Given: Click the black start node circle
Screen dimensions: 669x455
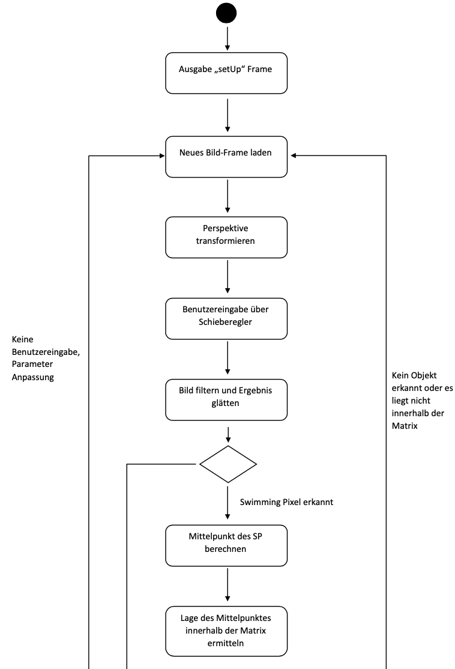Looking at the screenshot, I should pyautogui.click(x=226, y=13).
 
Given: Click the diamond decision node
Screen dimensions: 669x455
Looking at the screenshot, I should pyautogui.click(x=227, y=464).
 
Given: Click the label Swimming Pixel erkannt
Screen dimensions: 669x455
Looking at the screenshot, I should pyautogui.click(x=286, y=501).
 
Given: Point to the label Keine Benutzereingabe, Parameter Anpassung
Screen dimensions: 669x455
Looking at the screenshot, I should pyautogui.click(x=45, y=359).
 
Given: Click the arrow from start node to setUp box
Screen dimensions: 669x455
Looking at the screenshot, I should pyautogui.click(x=227, y=38).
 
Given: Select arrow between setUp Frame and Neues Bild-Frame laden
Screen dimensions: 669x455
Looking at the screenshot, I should pyautogui.click(x=227, y=115).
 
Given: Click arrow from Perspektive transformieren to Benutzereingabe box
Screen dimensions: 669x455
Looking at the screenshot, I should pyautogui.click(x=227, y=277).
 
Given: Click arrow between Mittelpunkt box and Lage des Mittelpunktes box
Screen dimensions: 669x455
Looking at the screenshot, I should pyautogui.click(x=227, y=586).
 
